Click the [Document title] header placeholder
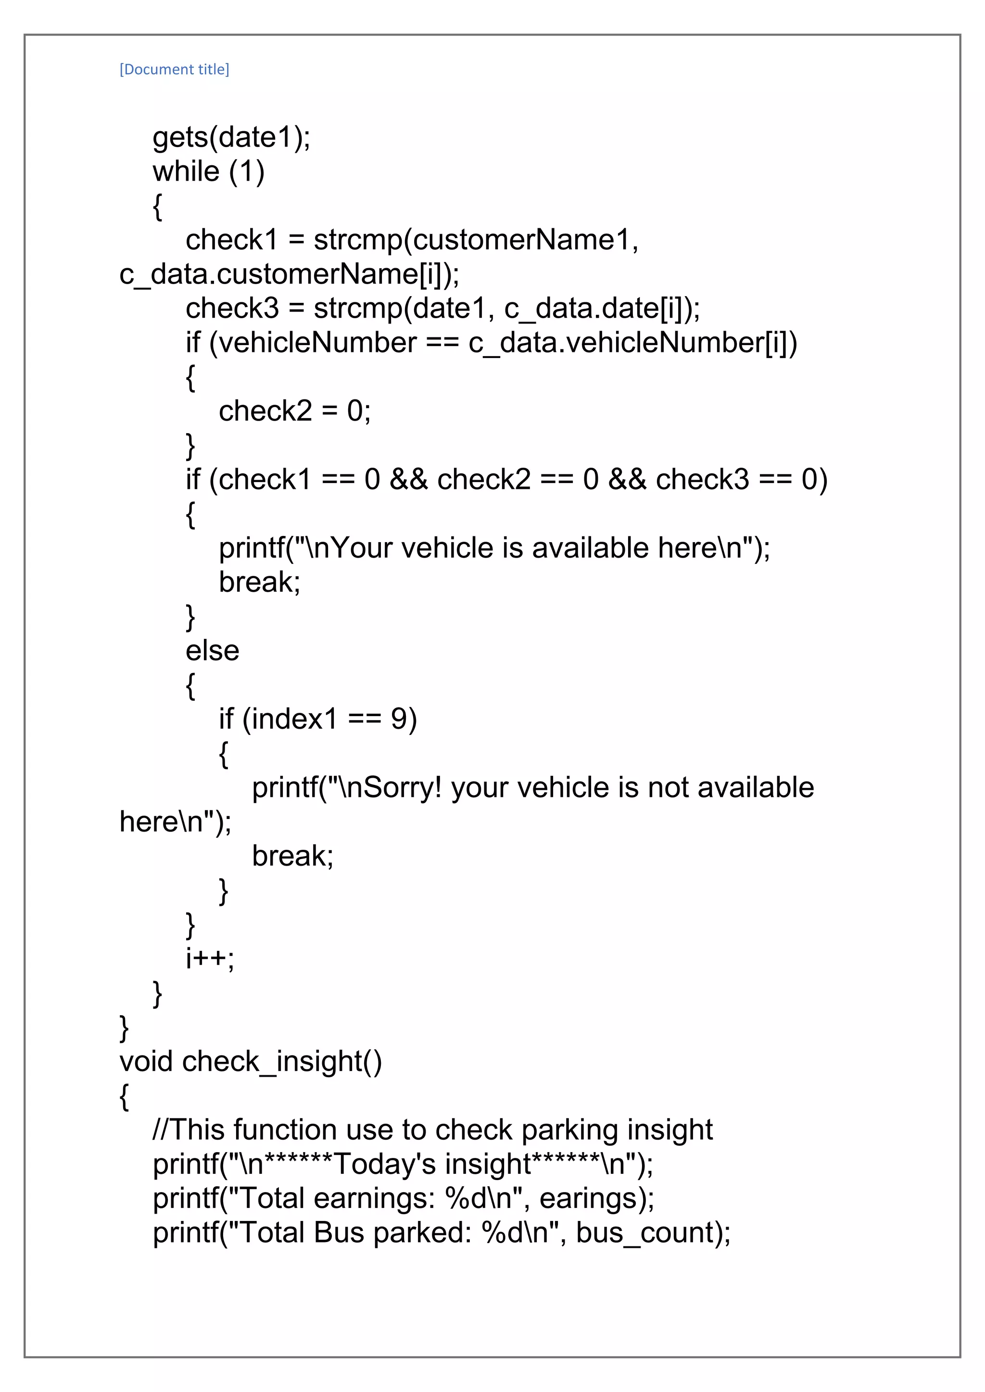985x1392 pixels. tap(174, 69)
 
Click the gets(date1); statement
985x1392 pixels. tap(231, 137)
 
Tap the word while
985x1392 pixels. tap(186, 172)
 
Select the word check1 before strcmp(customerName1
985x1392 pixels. tap(231, 240)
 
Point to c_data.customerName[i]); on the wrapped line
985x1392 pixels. tap(290, 274)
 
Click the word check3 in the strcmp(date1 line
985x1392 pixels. tap(232, 309)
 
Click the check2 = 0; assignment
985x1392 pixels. tap(294, 411)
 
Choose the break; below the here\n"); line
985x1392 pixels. tap(292, 856)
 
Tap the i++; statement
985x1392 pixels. tap(210, 958)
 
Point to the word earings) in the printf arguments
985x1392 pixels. tap(597, 1199)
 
